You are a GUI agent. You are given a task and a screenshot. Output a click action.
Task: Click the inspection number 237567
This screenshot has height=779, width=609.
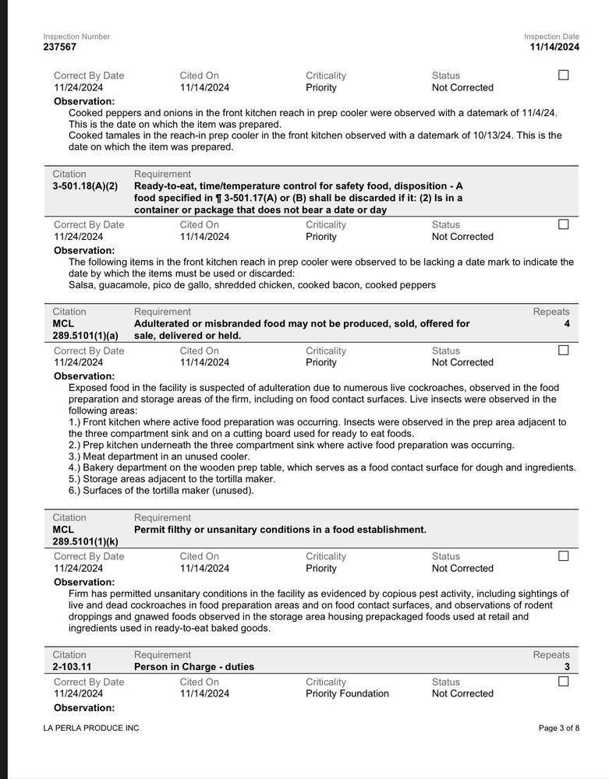point(60,48)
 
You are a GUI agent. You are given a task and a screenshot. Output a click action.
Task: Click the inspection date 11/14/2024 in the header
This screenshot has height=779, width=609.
point(554,48)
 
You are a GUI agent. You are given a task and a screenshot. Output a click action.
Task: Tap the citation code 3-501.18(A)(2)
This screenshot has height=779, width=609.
point(85,186)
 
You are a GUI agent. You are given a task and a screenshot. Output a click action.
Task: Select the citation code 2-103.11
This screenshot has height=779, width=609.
point(73,667)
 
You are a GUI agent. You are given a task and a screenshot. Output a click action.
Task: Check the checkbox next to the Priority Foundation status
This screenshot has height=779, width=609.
point(564,682)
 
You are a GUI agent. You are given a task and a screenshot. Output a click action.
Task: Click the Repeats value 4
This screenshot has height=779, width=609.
point(566,323)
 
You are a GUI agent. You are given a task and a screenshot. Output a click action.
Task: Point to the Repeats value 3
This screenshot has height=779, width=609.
point(566,667)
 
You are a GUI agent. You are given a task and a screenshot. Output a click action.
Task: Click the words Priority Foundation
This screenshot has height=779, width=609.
point(347,693)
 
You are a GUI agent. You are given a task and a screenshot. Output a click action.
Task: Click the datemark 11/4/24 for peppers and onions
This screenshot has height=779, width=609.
point(537,113)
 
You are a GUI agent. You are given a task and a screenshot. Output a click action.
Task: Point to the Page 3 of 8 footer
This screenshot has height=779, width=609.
point(559,728)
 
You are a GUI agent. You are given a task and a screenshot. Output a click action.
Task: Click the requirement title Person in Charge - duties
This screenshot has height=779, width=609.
point(194,667)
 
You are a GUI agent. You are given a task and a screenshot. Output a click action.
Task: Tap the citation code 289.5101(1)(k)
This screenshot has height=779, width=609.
point(86,541)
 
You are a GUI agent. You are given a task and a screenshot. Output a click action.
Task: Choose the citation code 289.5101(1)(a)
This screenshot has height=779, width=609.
point(86,336)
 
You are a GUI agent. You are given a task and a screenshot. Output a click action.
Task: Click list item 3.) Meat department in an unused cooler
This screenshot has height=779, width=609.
point(159,456)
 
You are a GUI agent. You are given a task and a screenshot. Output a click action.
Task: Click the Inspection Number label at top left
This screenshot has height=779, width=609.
point(76,37)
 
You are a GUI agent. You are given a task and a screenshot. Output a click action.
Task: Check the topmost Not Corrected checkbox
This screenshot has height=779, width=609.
point(564,76)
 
